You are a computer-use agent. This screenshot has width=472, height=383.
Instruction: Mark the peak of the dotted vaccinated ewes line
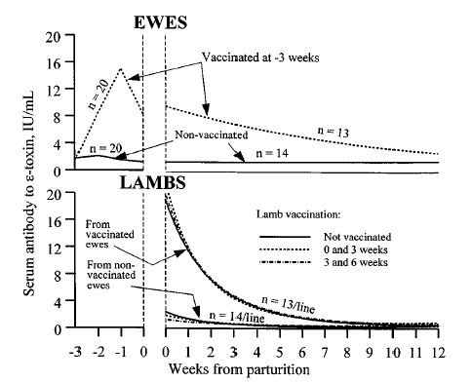coord(120,69)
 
